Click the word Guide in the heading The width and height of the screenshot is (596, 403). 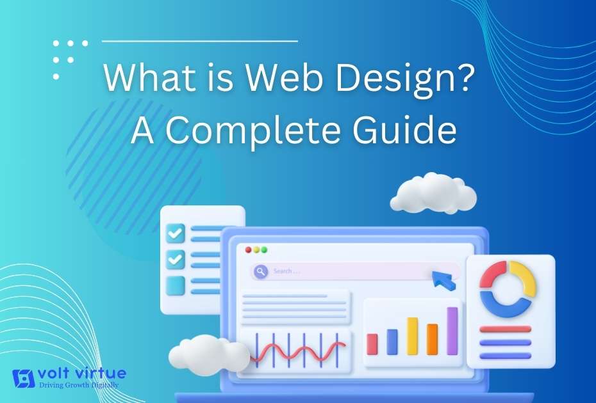tap(404, 130)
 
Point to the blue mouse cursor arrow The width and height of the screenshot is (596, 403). tap(443, 280)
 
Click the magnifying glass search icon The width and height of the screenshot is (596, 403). tap(261, 271)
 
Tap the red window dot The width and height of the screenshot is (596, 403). tap(249, 249)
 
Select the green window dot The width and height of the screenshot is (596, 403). tap(265, 249)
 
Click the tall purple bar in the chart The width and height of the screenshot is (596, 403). tap(452, 331)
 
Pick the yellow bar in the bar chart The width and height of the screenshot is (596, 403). tap(413, 336)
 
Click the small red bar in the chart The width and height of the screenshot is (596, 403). tap(372, 344)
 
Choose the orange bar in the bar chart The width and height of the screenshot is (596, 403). tap(432, 339)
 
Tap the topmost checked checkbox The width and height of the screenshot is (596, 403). tap(175, 233)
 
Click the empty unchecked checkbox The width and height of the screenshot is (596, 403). tap(175, 285)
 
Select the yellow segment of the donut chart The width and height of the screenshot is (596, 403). tap(524, 278)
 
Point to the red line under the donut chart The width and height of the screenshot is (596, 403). tap(505, 329)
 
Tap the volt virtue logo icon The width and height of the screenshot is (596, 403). tap(24, 378)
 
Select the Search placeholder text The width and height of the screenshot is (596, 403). tap(286, 271)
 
